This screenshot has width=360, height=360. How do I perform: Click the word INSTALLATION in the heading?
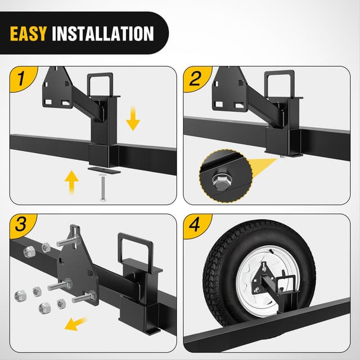pos(103,34)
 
